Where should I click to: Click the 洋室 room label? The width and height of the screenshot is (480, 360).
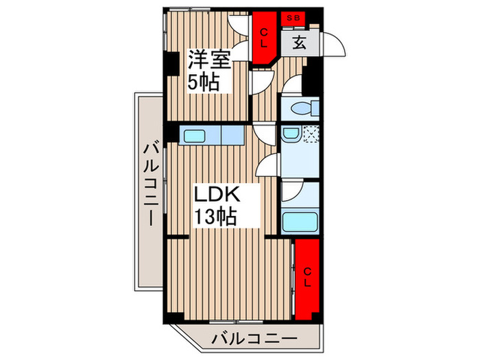coord(209,60)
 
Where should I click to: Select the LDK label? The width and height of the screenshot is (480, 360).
coord(217,194)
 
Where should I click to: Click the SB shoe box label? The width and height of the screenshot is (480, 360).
coord(293,18)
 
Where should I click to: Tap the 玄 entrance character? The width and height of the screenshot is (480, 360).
coord(299,43)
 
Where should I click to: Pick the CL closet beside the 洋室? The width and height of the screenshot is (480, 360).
coord(263,38)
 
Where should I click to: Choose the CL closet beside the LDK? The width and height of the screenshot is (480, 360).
coord(307,277)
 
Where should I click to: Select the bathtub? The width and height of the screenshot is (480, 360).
coord(300,222)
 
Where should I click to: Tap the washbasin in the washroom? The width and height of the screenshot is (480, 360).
coord(291,134)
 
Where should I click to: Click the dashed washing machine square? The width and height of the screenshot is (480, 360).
coord(311,134)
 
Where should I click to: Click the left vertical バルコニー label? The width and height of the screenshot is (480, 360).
coord(152,183)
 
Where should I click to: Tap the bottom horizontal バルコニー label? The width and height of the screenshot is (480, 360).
coord(254,339)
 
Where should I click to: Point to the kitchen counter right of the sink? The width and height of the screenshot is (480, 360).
coord(232,134)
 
